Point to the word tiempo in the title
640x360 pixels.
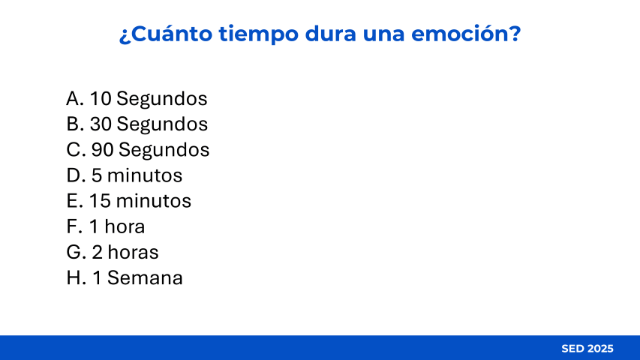(x=258, y=34)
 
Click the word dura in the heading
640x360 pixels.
(x=331, y=34)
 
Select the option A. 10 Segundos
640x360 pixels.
(x=137, y=99)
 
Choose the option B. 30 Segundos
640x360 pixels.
(x=137, y=124)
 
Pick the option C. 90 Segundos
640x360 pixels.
(x=138, y=150)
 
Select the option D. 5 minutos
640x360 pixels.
(x=125, y=175)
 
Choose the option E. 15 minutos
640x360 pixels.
(x=129, y=201)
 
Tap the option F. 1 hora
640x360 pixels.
(x=106, y=226)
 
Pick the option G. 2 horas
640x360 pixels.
(x=113, y=252)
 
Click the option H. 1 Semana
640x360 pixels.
(x=125, y=278)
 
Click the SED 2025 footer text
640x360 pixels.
(x=587, y=349)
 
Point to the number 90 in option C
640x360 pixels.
(x=103, y=150)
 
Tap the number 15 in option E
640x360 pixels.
(x=100, y=201)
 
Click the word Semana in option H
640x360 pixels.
(x=145, y=278)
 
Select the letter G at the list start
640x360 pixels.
(x=74, y=252)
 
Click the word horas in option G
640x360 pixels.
(x=133, y=252)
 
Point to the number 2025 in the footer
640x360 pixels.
(x=601, y=349)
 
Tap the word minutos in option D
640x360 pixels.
(x=145, y=175)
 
